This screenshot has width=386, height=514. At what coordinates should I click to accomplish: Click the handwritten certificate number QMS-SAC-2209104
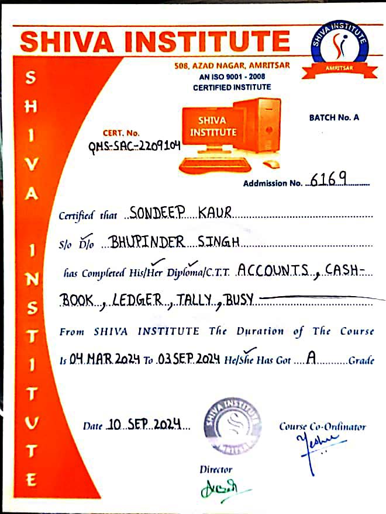pyautogui.click(x=135, y=147)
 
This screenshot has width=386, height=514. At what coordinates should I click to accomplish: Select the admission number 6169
pyautogui.click(x=329, y=179)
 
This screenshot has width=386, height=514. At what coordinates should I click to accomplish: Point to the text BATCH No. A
pyautogui.click(x=334, y=117)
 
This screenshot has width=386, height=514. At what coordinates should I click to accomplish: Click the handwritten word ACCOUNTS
pyautogui.click(x=276, y=270)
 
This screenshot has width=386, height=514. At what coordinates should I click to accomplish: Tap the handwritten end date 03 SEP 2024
pyautogui.click(x=189, y=360)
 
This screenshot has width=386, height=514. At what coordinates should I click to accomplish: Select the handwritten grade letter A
pyautogui.click(x=311, y=359)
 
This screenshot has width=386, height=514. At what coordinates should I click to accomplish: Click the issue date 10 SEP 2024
pyautogui.click(x=143, y=425)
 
